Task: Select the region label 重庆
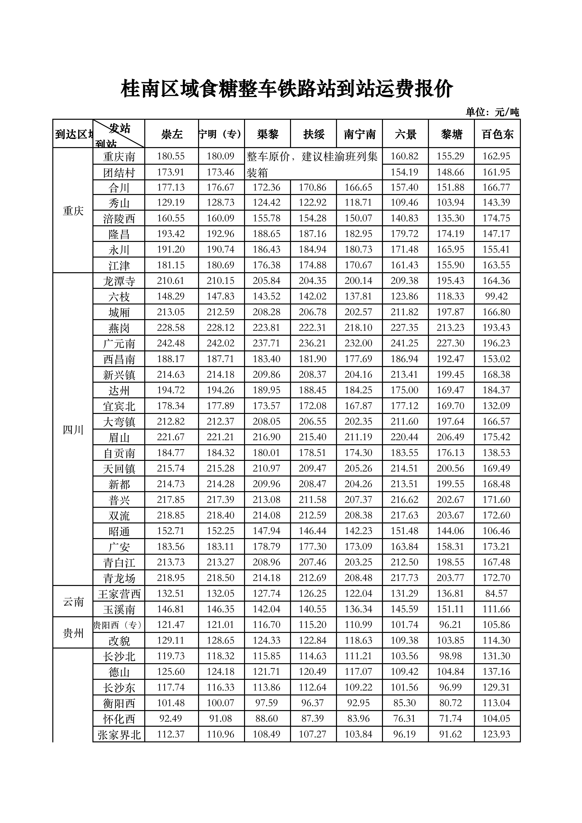73,211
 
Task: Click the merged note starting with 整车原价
312,164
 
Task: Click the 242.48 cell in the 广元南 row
171,343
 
